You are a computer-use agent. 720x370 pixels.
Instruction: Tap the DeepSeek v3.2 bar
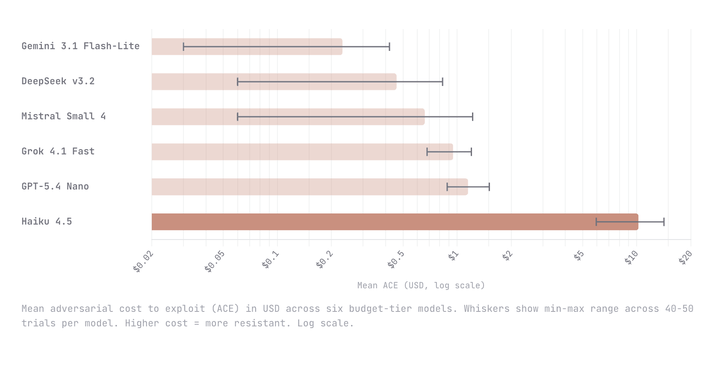274,82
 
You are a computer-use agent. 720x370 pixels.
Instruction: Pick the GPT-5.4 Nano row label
55,186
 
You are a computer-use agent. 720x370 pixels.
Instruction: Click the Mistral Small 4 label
63,116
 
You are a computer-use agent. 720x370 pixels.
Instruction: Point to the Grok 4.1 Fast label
58,151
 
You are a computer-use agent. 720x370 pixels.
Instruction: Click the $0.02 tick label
143,262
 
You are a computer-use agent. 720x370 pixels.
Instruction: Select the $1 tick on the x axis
453,256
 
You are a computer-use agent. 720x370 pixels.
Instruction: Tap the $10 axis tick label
631,258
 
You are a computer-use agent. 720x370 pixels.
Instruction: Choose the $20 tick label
685,258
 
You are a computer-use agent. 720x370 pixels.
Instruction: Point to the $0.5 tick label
395,260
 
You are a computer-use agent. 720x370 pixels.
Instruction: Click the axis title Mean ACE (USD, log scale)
421,285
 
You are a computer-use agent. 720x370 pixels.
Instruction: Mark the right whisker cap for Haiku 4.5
664,222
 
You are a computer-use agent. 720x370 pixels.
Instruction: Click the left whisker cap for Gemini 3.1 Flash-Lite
183,47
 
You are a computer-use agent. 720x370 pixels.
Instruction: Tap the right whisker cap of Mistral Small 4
472,117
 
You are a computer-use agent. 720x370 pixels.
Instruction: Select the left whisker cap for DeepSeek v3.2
237,82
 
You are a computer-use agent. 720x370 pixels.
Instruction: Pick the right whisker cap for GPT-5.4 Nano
489,187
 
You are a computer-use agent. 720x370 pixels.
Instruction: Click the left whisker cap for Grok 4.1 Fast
427,152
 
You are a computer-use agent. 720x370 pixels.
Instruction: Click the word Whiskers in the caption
486,309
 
